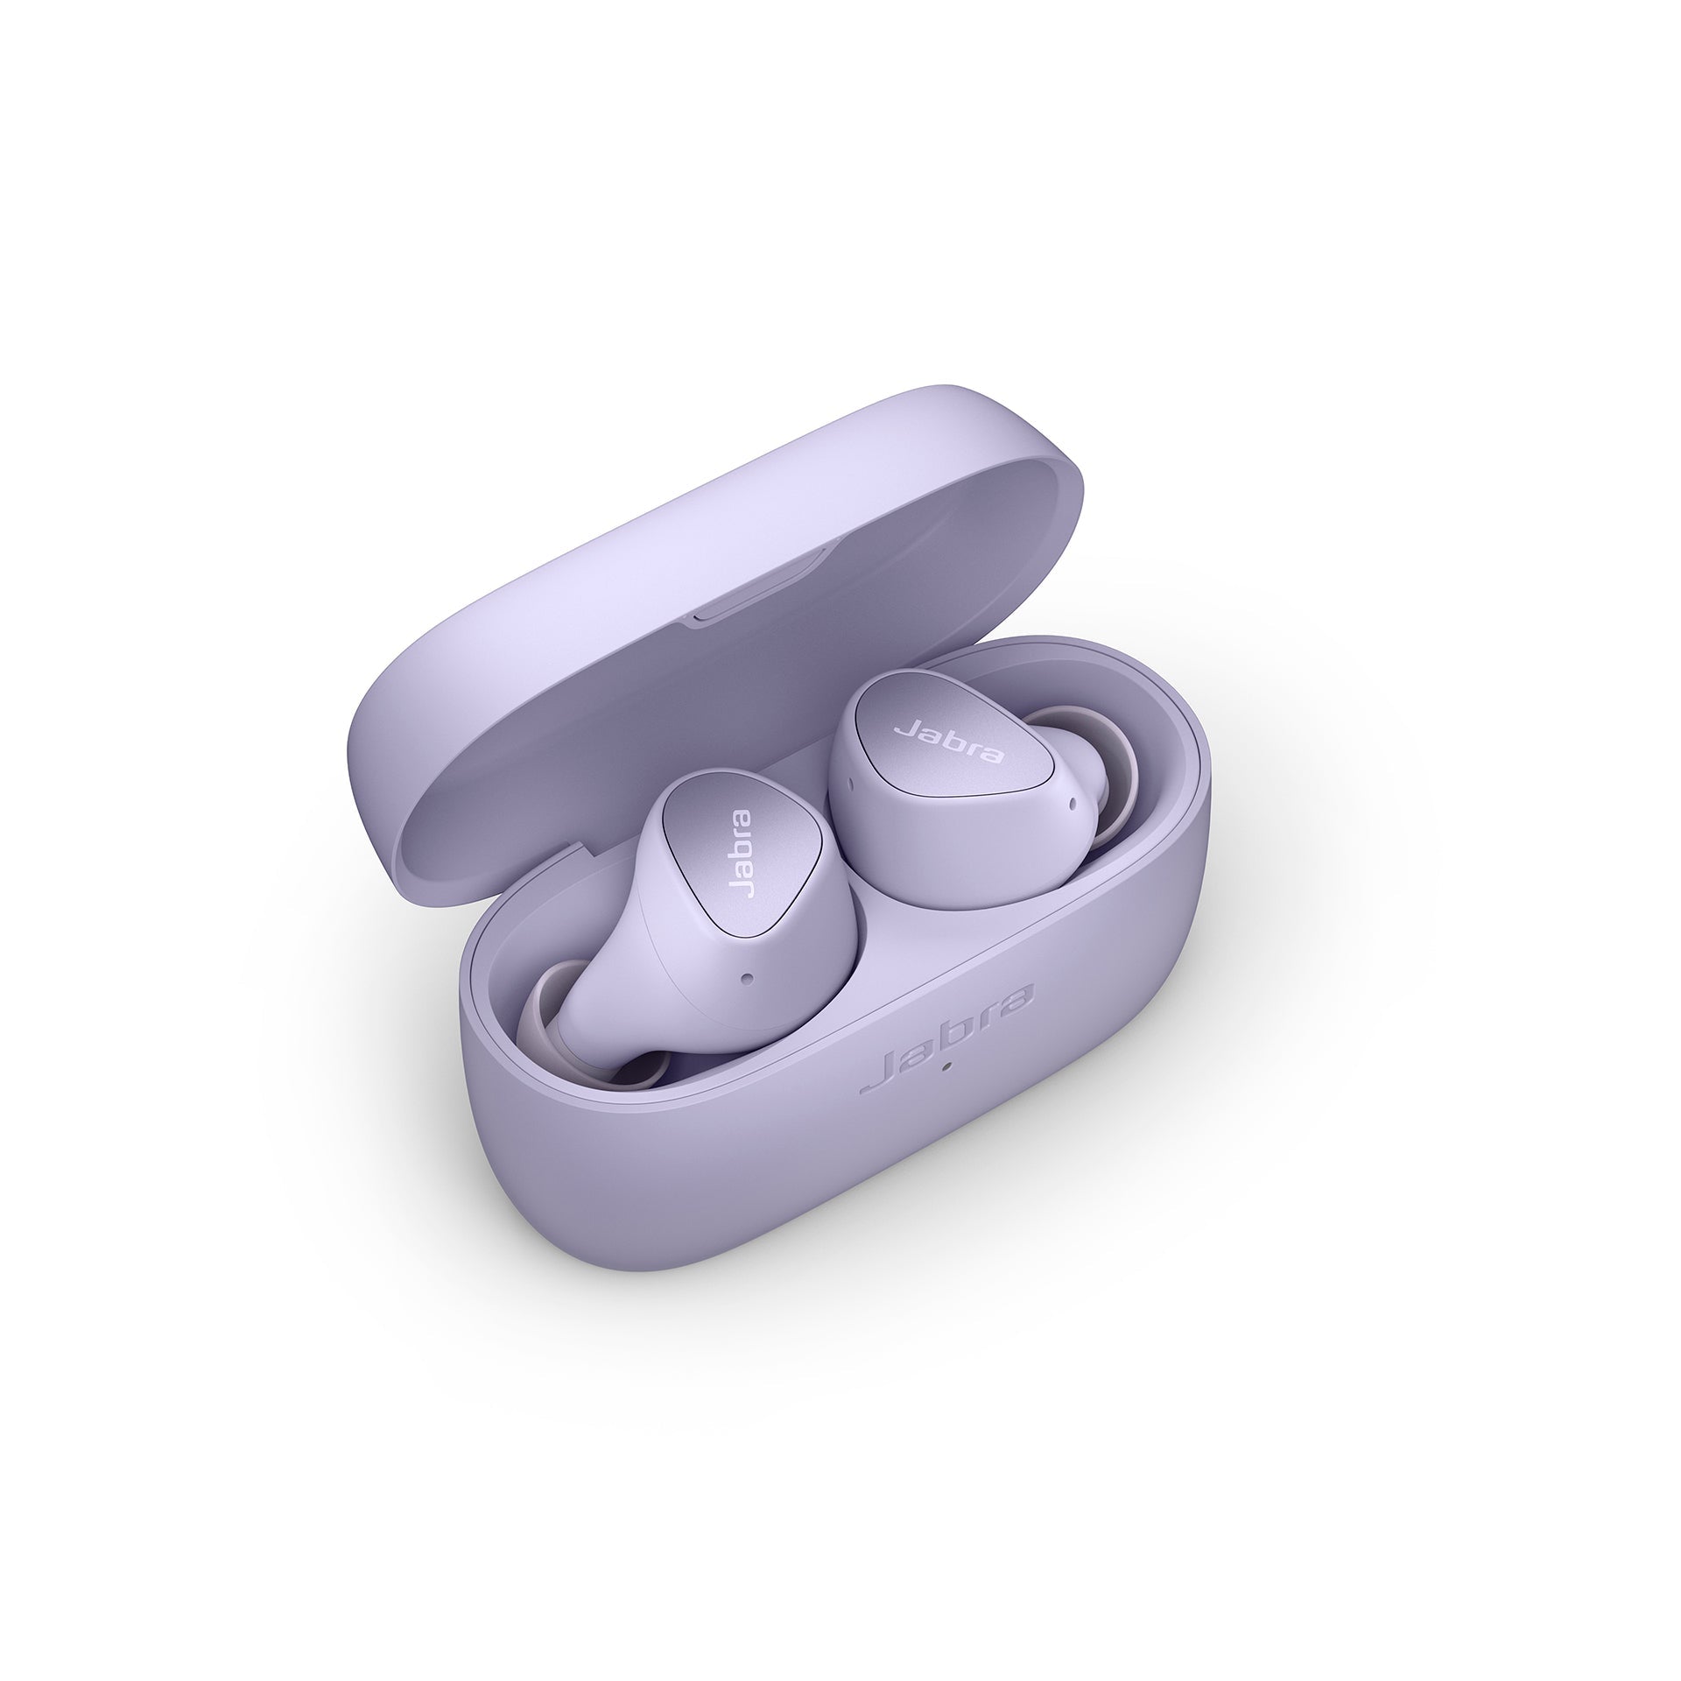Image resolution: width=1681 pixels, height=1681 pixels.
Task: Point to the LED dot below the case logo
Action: [x=946, y=1066]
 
